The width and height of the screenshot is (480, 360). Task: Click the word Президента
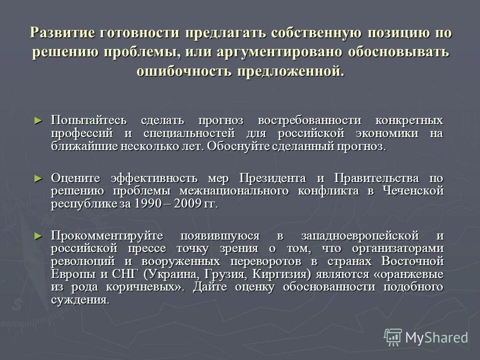(272, 178)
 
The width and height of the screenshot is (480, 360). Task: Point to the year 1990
(142, 204)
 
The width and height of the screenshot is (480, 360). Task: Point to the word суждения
(79, 300)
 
